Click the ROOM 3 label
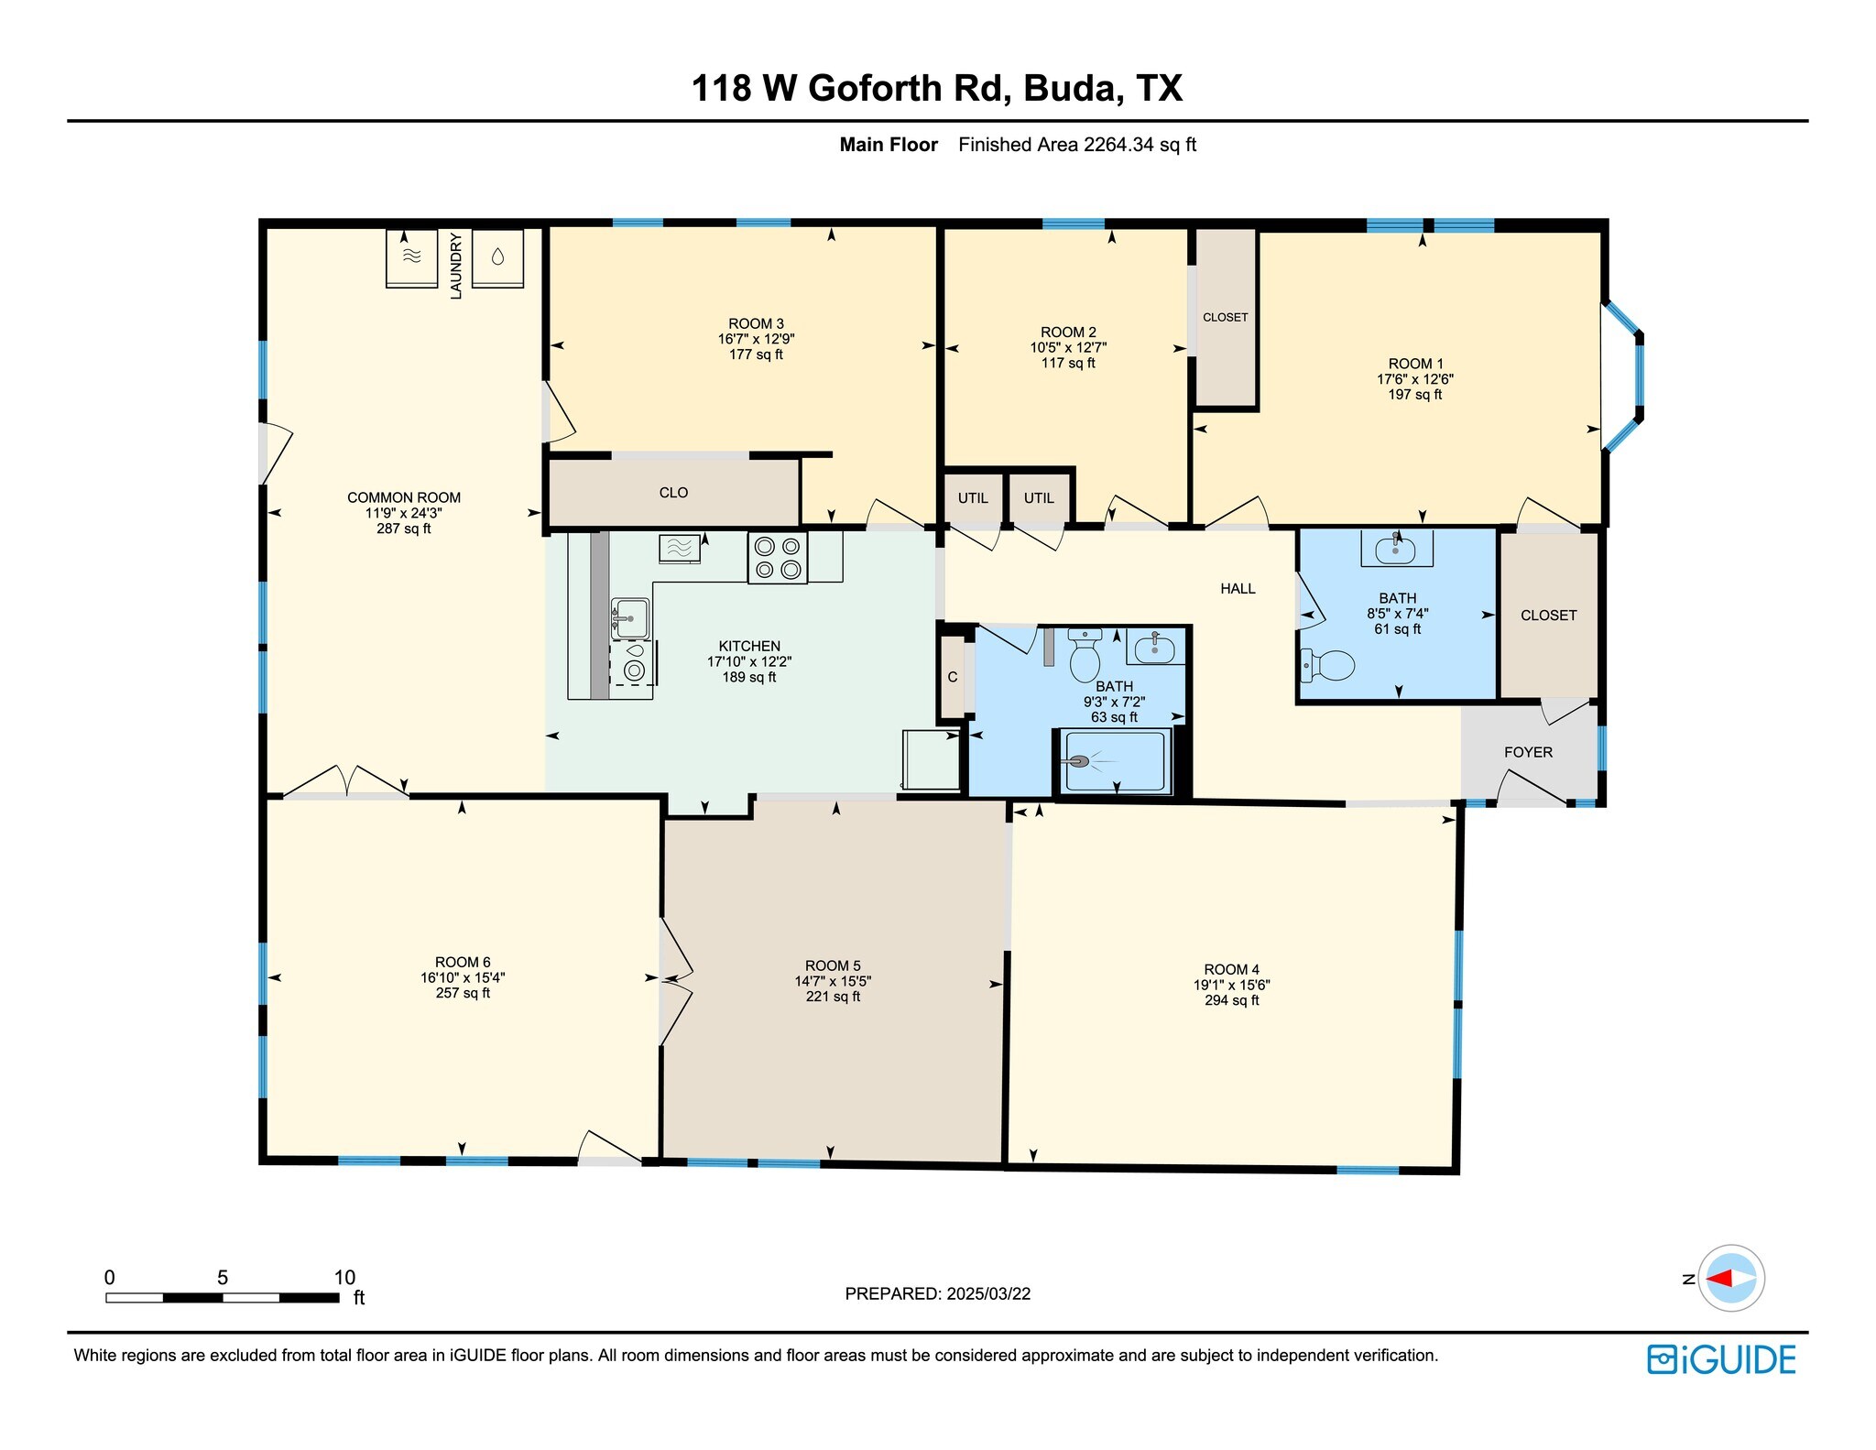(x=756, y=323)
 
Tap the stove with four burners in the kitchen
(x=777, y=558)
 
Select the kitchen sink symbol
(x=629, y=619)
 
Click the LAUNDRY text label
(x=455, y=265)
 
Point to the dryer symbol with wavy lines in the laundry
(x=411, y=257)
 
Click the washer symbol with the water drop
(x=497, y=257)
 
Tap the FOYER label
(x=1528, y=752)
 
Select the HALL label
(x=1238, y=589)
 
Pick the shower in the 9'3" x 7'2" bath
(x=1116, y=761)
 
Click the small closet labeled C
(x=953, y=677)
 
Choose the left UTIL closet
(x=973, y=498)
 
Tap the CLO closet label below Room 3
(x=673, y=493)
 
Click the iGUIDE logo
(x=1721, y=1359)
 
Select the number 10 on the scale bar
(x=344, y=1277)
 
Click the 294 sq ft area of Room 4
(x=1231, y=1000)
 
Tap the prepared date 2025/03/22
(x=988, y=1293)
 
